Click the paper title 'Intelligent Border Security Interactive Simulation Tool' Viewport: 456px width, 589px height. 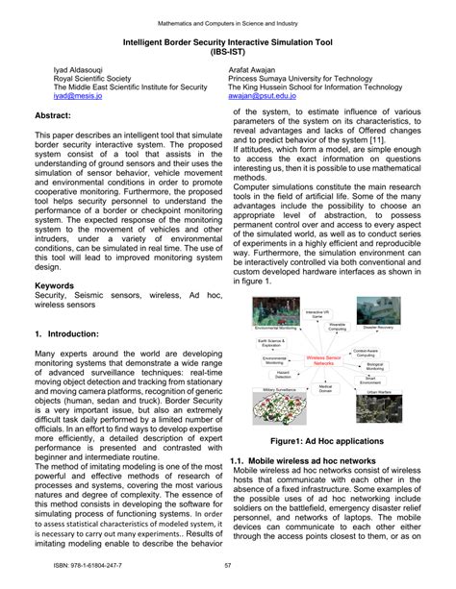[227, 43]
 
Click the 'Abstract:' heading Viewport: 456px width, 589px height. [58, 113]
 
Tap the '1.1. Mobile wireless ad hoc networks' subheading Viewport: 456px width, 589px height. [302, 462]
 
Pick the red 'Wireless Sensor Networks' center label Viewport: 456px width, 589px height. [324, 361]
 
